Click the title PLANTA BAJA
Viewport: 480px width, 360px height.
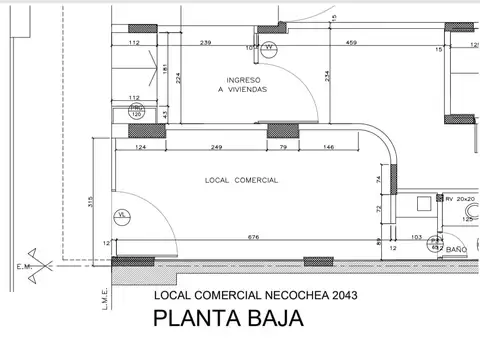[x=226, y=322]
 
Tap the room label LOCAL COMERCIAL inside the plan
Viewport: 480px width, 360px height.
[x=240, y=180]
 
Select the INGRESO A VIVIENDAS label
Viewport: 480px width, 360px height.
[x=245, y=84]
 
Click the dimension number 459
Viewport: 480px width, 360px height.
[x=352, y=43]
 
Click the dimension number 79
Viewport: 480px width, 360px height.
[x=283, y=147]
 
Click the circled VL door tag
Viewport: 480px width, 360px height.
[x=122, y=214]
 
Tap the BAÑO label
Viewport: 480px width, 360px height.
[x=457, y=248]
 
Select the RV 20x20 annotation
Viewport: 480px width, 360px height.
[x=462, y=199]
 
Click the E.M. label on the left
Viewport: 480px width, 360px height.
[x=23, y=267]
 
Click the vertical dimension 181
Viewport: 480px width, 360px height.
[x=167, y=69]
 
